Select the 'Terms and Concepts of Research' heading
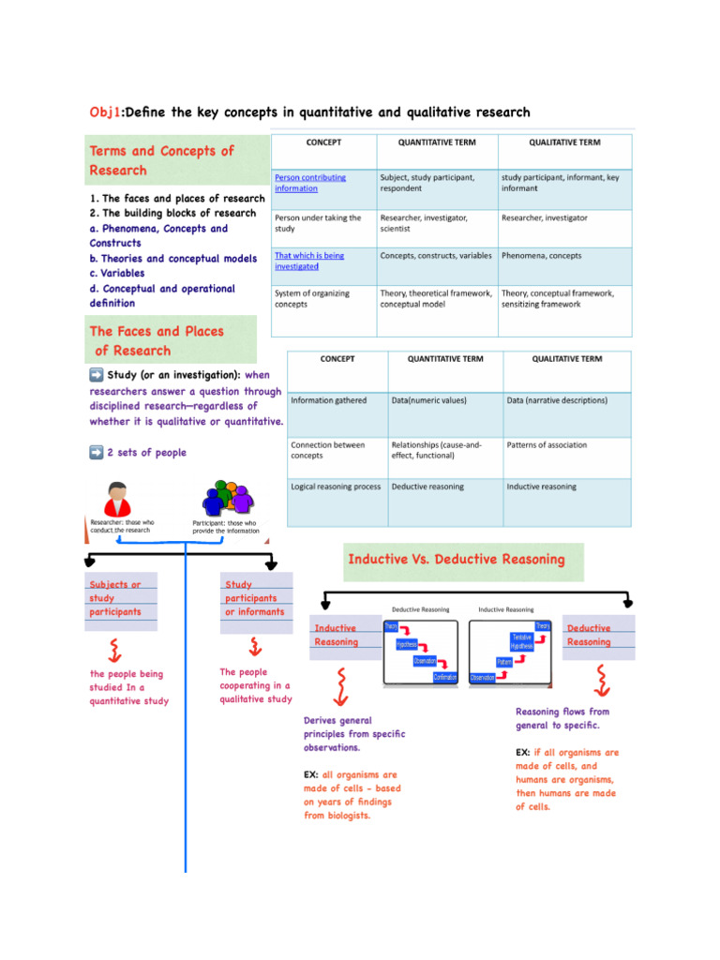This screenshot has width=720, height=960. point(161,160)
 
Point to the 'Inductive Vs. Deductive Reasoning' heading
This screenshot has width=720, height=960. point(457,560)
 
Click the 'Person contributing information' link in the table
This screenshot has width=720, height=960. point(310,182)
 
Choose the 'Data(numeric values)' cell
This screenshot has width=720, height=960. point(428,400)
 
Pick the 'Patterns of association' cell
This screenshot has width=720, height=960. point(547,444)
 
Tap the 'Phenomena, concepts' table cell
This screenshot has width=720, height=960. point(541,255)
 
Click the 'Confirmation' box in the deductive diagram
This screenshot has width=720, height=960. point(445,678)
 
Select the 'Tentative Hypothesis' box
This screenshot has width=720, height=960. point(521,642)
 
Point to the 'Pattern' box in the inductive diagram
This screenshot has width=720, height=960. point(503,662)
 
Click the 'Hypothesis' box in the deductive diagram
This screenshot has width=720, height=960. point(406,644)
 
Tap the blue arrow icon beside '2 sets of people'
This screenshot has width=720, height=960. point(96,453)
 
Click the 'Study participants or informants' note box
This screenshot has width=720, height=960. point(254,598)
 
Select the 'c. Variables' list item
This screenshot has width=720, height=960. point(117,273)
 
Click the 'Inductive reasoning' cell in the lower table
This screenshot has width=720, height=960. point(541,487)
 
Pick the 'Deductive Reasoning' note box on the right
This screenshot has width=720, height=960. point(589,635)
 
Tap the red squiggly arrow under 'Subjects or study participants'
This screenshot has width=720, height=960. point(114,647)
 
